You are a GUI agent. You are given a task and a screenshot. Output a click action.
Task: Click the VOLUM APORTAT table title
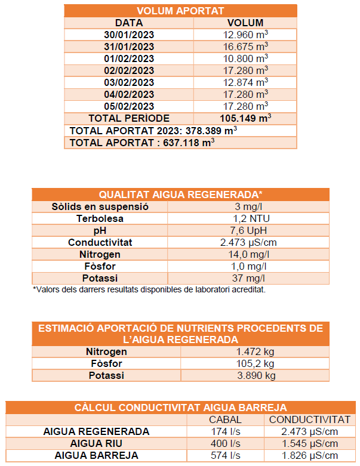[x=180, y=11]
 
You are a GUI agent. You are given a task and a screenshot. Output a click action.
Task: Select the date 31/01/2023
[x=129, y=47]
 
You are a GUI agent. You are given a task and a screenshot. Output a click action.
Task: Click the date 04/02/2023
[x=129, y=94]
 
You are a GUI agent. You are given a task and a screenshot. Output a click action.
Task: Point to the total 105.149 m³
[x=245, y=118]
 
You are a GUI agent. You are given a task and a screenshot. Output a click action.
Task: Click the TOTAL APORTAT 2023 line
[x=153, y=131]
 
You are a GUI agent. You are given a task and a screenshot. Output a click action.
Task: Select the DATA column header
[x=129, y=23]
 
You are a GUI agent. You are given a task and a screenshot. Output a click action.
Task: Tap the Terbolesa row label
[x=100, y=218]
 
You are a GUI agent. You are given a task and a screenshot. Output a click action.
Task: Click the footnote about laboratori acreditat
[x=149, y=289]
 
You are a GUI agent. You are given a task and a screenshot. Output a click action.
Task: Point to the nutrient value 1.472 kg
[x=255, y=351]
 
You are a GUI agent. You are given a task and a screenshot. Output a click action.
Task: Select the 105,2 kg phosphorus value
[x=255, y=363]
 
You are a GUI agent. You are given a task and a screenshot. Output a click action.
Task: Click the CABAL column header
[x=225, y=419]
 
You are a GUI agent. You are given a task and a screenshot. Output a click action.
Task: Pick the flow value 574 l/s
[x=225, y=455]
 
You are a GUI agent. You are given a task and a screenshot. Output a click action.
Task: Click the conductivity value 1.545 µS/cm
[x=308, y=443]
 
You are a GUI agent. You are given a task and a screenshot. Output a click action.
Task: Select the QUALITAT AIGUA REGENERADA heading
[x=180, y=195]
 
